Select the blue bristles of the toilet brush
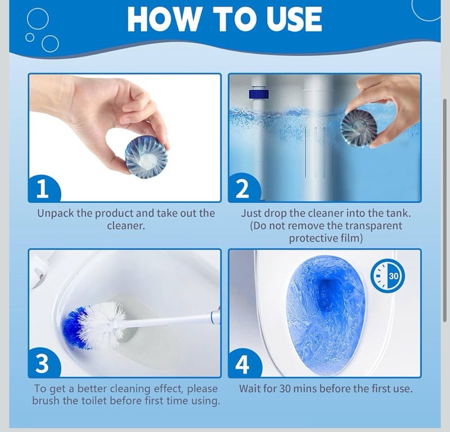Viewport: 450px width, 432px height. click(75, 328)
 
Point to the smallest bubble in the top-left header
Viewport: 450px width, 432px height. click(29, 37)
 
